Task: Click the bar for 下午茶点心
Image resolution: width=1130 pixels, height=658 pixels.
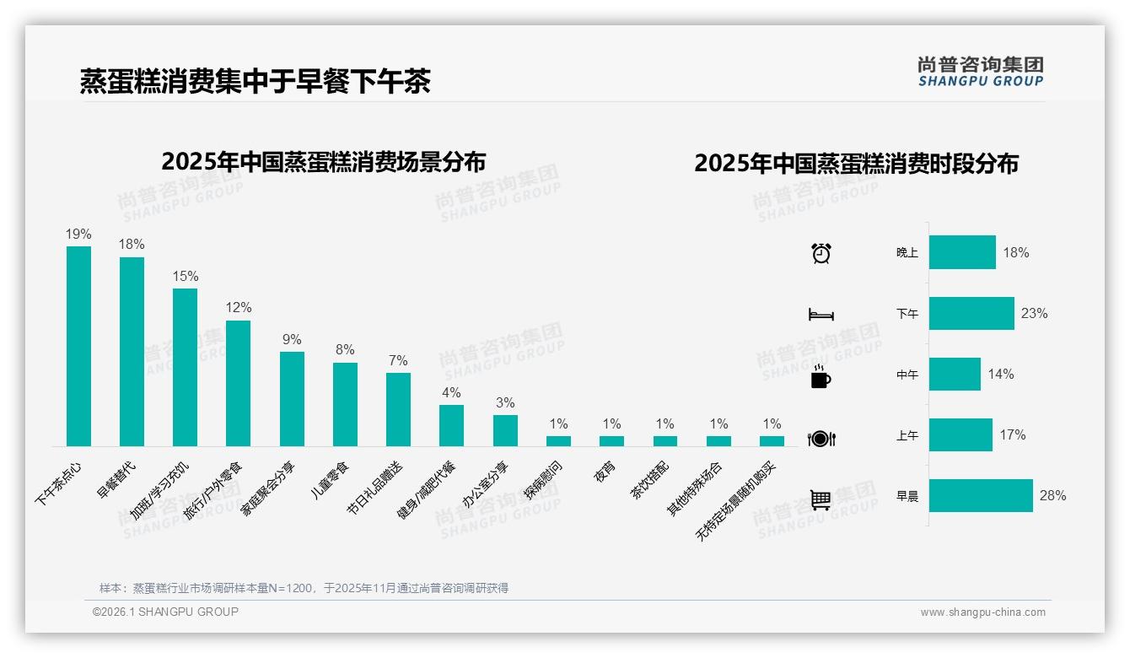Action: (x=78, y=346)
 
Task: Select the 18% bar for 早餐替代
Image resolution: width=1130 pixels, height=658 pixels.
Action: (x=132, y=351)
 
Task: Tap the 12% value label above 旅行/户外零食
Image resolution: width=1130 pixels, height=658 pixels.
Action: (x=238, y=308)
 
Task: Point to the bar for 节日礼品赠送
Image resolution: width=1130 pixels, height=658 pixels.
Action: (x=398, y=409)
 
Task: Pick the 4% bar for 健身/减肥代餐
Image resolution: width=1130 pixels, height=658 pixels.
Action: (x=451, y=425)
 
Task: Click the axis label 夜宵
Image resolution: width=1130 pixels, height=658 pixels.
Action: (x=605, y=472)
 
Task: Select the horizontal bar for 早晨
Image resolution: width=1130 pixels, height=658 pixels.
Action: (x=981, y=496)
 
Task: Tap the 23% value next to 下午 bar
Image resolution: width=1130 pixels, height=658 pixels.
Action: (x=1034, y=314)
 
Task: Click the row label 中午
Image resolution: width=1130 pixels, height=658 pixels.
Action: (x=907, y=375)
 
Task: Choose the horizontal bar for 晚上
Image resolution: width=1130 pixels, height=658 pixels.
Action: (x=962, y=252)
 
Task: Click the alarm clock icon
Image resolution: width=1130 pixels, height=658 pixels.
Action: (x=821, y=253)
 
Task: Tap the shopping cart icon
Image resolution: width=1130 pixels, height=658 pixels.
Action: (x=821, y=499)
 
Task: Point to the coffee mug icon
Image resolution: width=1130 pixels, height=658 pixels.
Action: (x=821, y=377)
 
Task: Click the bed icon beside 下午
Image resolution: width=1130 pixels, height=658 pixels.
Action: (x=821, y=315)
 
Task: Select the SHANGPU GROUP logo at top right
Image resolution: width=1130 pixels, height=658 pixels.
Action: (x=980, y=72)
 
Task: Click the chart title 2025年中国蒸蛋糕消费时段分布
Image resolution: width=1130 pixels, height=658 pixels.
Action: (x=856, y=164)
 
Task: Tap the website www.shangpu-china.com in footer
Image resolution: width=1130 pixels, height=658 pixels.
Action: (x=982, y=612)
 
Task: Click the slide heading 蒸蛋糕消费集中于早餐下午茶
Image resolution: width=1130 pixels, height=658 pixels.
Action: (x=256, y=81)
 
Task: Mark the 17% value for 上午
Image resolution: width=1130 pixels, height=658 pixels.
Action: (x=1013, y=435)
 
